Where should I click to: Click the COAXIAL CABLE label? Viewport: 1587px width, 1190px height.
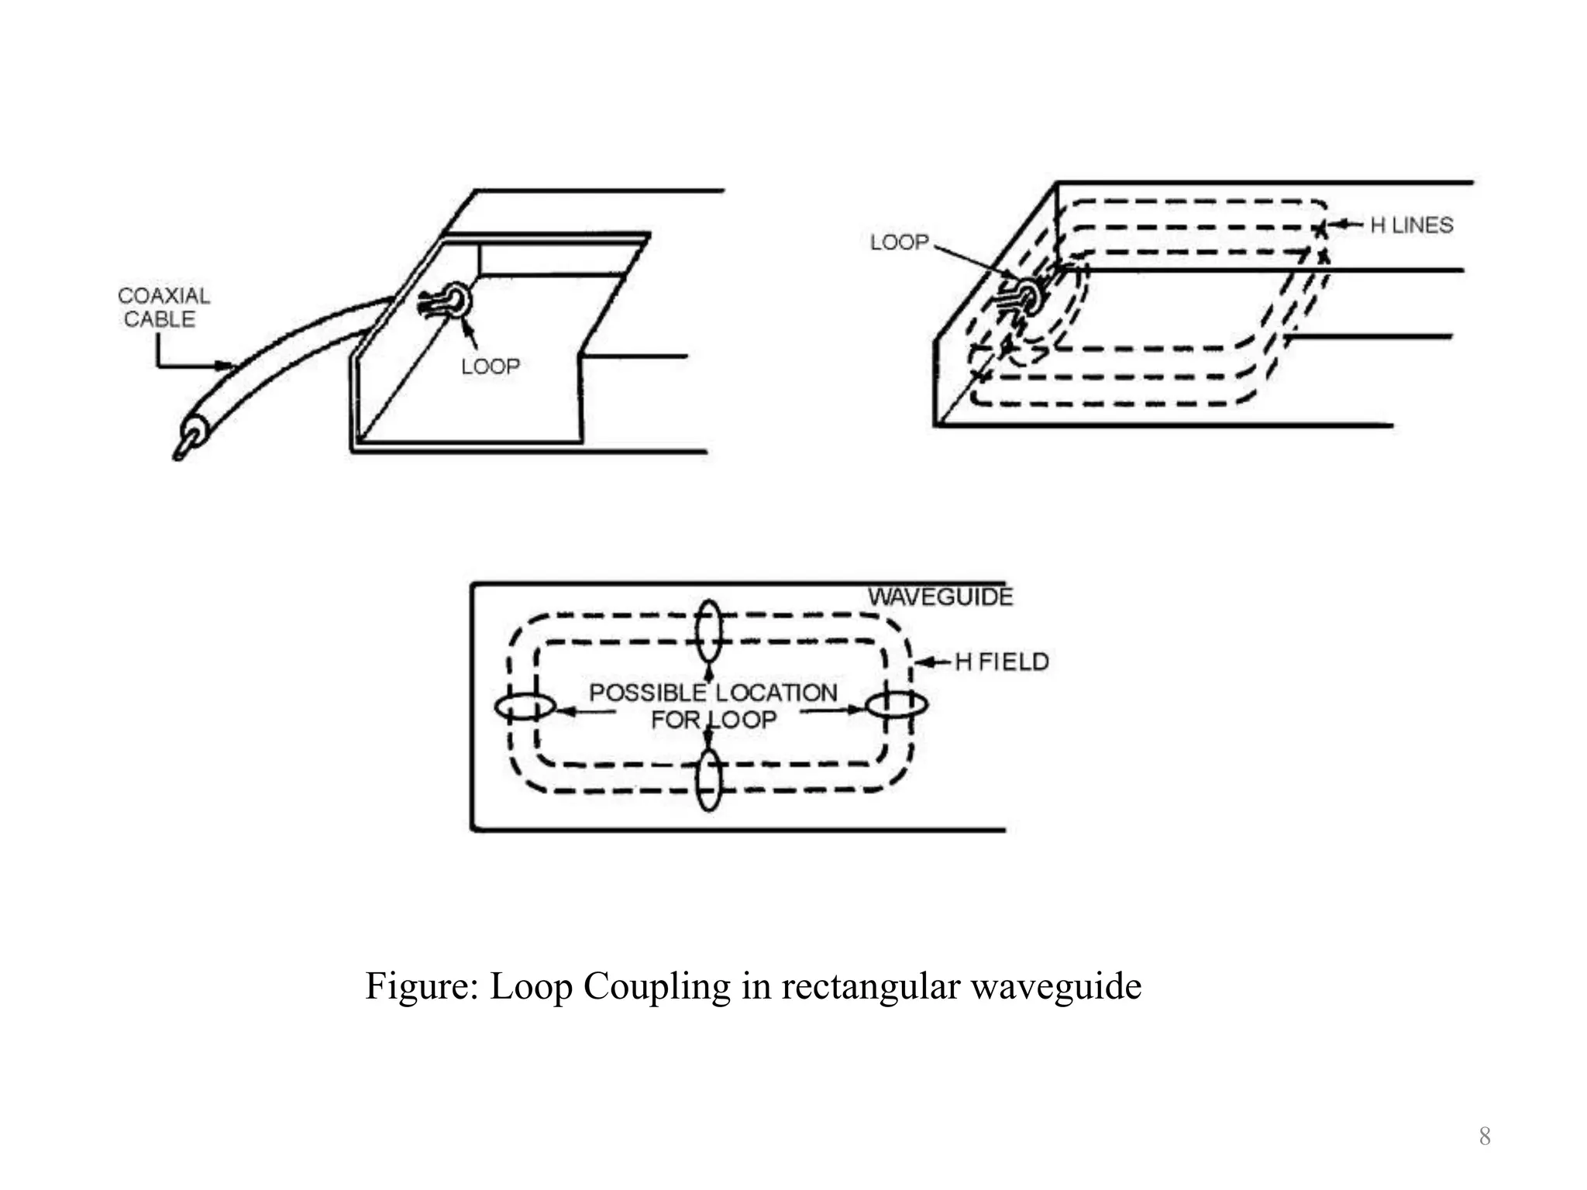(x=163, y=308)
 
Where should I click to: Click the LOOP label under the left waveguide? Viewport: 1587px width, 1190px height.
(x=490, y=366)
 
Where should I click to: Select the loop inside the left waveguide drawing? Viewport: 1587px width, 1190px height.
(x=455, y=300)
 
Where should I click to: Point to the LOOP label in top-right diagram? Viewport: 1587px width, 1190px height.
(x=899, y=242)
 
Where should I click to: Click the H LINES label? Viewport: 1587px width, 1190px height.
(x=1411, y=225)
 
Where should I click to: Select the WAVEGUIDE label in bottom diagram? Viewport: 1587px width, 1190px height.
(x=940, y=597)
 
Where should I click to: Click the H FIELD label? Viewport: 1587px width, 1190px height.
(x=1002, y=662)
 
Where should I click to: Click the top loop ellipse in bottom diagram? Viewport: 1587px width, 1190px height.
(x=708, y=631)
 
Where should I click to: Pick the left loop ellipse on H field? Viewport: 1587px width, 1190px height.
(x=525, y=707)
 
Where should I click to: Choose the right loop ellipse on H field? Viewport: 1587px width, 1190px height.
(x=896, y=705)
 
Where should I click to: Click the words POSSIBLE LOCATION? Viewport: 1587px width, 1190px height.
(x=713, y=693)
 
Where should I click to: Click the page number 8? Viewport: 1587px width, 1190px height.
(x=1485, y=1137)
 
